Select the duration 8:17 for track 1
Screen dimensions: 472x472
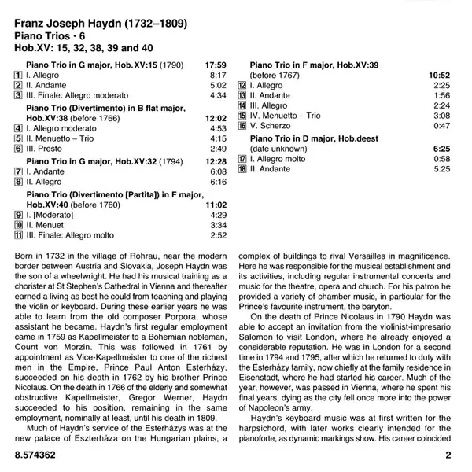pos(217,74)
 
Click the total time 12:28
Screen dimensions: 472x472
pos(215,160)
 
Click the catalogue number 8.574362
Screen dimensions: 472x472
pos(39,455)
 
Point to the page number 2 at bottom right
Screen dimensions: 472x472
pos(448,455)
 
